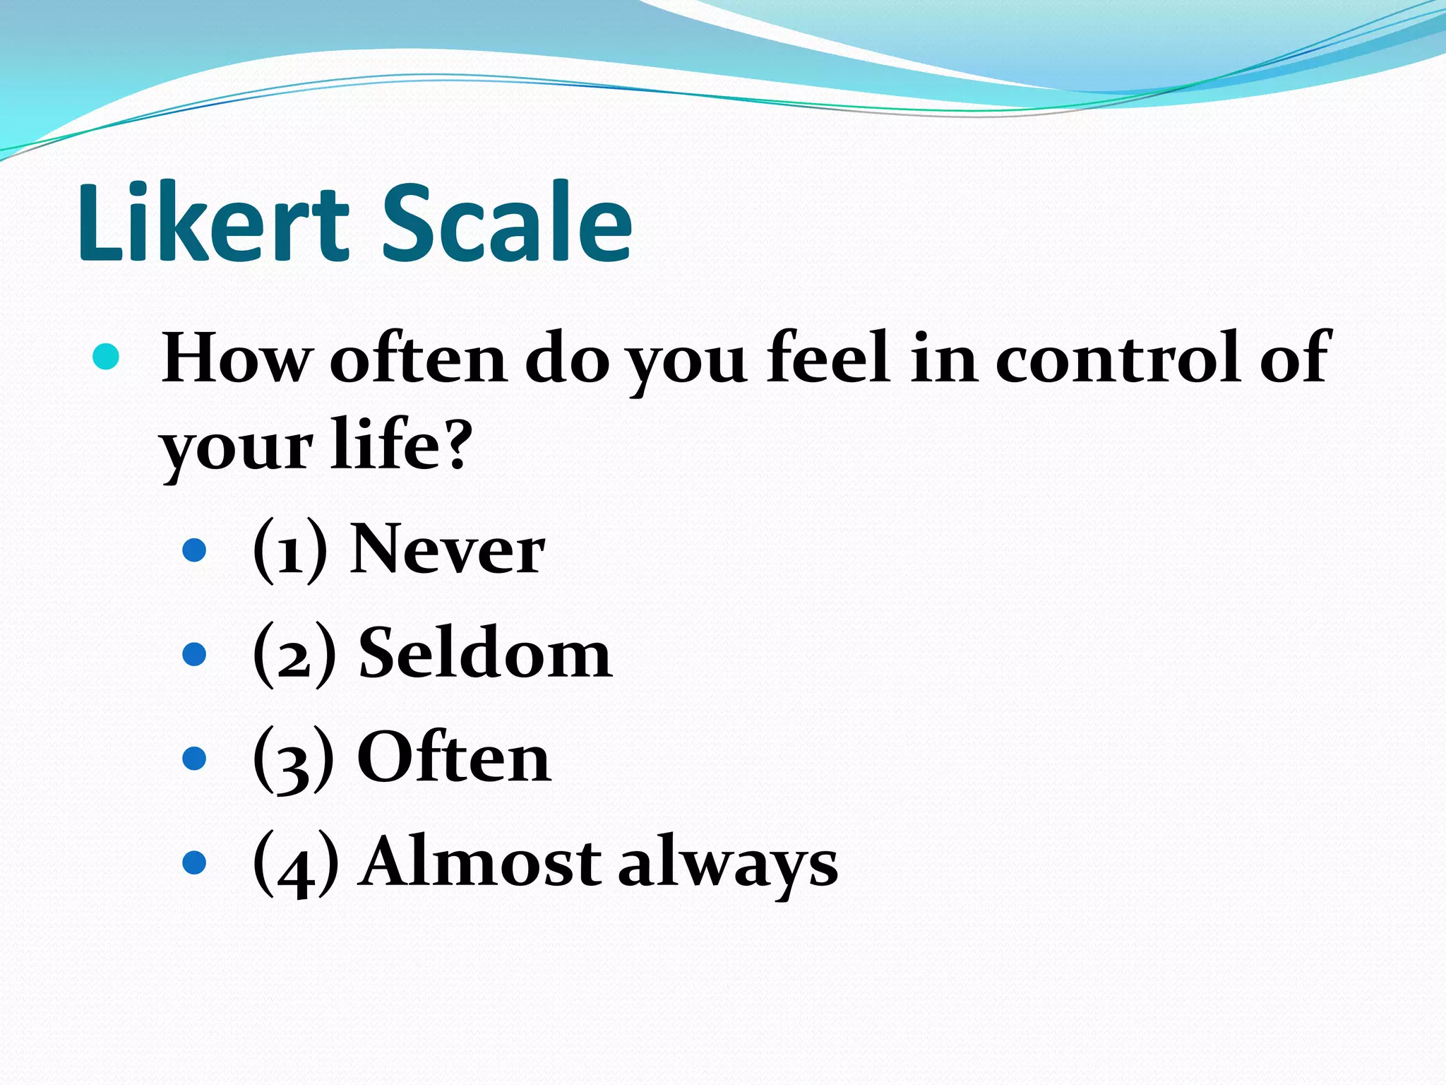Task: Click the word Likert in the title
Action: pos(213,223)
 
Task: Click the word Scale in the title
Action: pos(507,223)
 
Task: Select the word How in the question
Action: pos(236,359)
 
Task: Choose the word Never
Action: pos(448,550)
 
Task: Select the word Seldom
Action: pos(485,654)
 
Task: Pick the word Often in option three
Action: pos(454,758)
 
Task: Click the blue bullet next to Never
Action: pos(194,550)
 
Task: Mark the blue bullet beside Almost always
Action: pos(194,862)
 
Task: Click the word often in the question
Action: pos(418,359)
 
